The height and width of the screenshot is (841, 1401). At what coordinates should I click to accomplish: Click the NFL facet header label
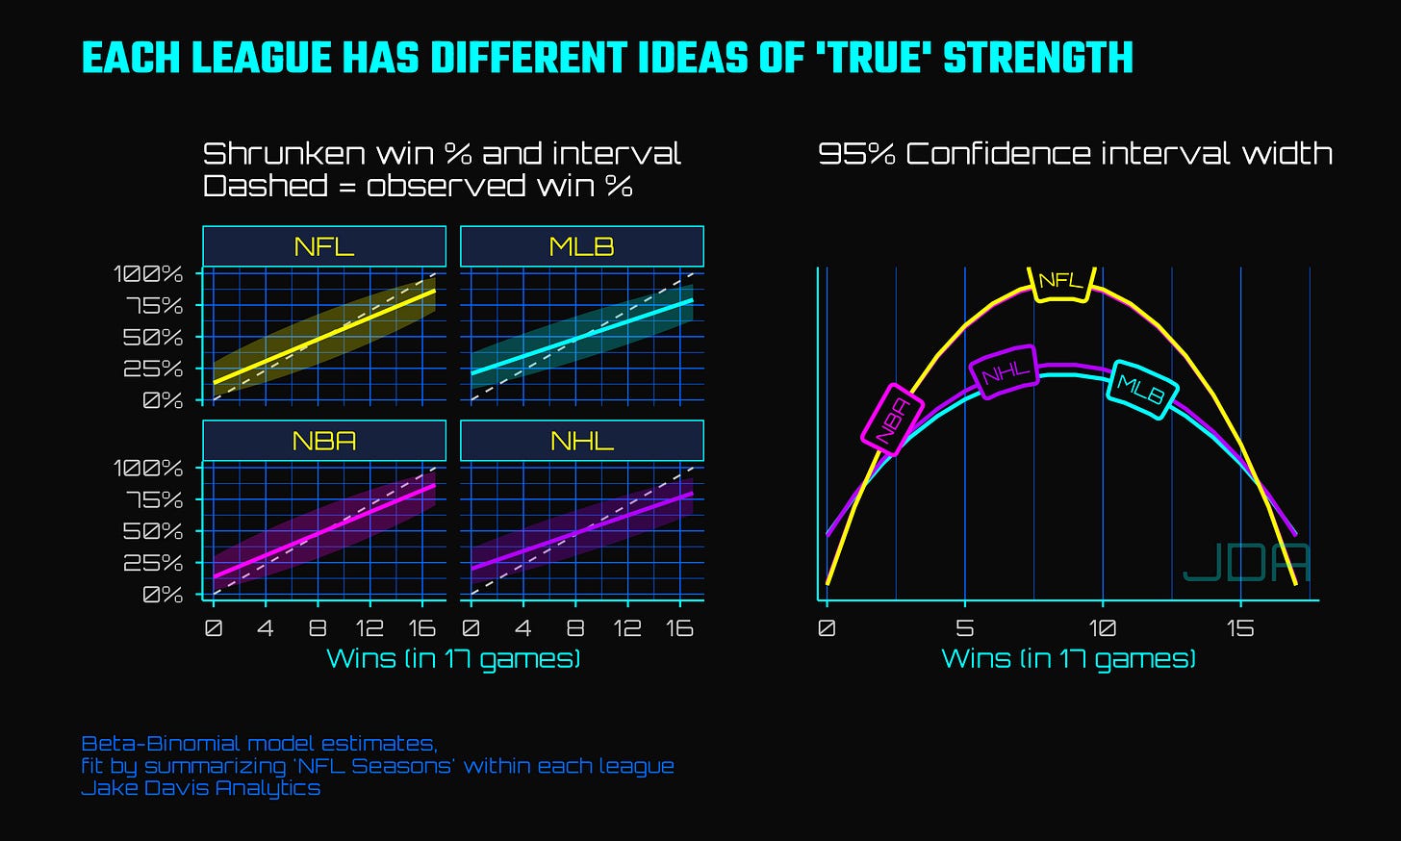click(324, 247)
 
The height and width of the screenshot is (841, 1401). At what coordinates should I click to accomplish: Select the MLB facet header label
click(581, 247)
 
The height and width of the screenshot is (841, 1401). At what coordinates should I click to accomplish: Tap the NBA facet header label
click(324, 442)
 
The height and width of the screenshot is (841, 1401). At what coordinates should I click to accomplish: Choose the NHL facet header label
click(581, 442)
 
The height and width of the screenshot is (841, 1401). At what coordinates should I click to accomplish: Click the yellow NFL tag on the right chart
click(1061, 283)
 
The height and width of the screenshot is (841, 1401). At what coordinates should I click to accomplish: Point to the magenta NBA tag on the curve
click(893, 420)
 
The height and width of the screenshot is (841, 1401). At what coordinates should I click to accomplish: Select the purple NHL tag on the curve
click(1004, 372)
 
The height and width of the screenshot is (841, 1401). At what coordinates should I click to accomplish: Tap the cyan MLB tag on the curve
click(1142, 390)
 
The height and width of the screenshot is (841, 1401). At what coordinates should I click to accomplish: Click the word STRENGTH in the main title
click(1038, 58)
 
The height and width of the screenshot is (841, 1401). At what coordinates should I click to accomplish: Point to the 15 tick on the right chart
click(1241, 627)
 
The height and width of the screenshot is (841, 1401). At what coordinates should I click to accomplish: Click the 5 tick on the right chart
click(965, 627)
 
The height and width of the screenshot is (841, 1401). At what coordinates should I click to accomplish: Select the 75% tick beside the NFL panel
click(155, 306)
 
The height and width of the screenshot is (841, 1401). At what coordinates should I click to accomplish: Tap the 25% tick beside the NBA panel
click(153, 563)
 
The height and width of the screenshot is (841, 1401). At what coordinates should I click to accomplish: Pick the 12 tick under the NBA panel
click(369, 627)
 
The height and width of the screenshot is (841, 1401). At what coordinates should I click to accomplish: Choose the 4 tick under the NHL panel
click(522, 627)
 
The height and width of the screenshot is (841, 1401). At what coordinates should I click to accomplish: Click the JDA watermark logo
click(1246, 563)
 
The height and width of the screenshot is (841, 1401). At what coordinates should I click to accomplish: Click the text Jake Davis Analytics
click(201, 788)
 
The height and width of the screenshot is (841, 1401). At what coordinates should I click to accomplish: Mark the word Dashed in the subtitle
click(266, 186)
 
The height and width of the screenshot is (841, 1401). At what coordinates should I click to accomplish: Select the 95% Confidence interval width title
click(1075, 154)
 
